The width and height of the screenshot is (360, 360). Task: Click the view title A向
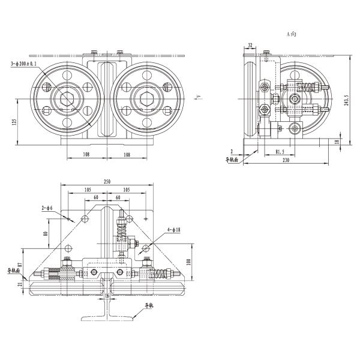pos(292,35)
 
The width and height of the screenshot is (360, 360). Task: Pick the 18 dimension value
pos(337,142)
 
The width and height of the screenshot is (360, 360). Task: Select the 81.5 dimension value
pos(280,152)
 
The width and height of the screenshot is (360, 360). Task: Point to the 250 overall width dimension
pos(107,181)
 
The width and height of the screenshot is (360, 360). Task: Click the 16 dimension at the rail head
pos(108,296)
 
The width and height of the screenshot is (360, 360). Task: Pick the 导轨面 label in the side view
pos(232,160)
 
